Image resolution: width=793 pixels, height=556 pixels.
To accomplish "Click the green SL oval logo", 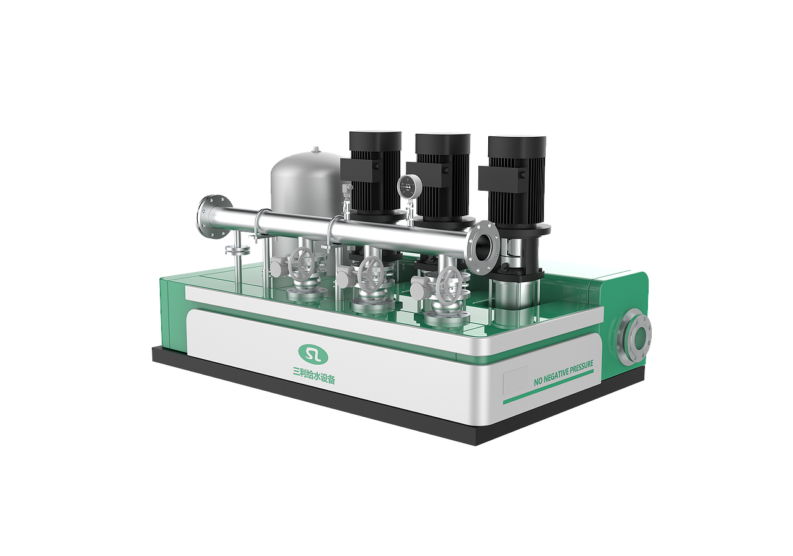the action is click(x=313, y=354).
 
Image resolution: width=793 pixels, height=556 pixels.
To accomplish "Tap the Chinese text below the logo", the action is click(x=314, y=376).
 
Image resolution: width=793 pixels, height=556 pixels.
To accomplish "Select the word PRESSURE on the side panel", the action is click(x=582, y=368).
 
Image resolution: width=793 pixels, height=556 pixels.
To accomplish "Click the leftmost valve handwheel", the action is click(x=301, y=263).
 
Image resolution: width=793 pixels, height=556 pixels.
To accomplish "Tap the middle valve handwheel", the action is click(x=371, y=274).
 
